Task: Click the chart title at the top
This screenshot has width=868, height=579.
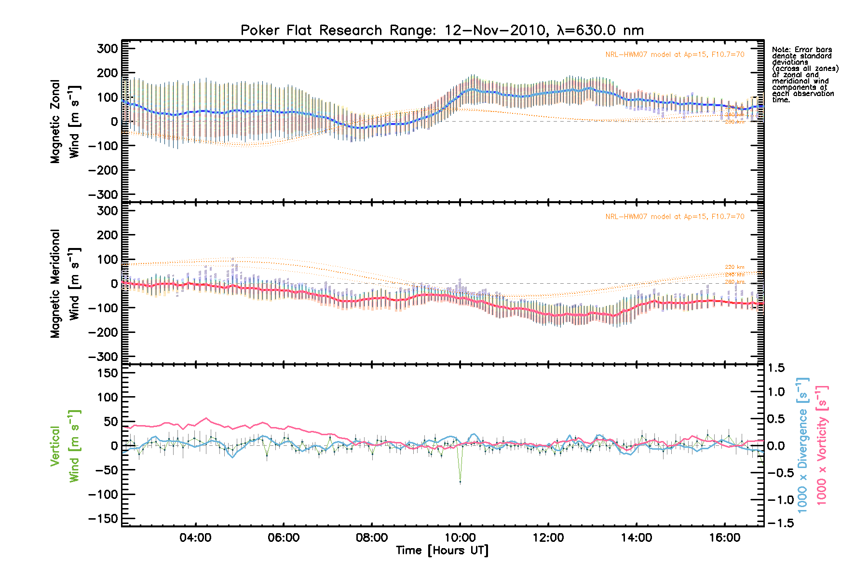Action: [442, 30]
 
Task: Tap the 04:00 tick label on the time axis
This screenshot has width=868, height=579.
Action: [195, 538]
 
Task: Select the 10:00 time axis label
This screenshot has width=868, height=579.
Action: [460, 538]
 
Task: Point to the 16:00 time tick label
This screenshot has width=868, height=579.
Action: [724, 538]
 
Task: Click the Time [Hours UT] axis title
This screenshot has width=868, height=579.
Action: [442, 551]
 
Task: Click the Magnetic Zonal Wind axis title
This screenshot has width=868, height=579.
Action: [65, 121]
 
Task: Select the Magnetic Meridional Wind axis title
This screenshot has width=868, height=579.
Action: [65, 283]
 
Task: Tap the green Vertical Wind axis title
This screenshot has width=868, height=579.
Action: [65, 446]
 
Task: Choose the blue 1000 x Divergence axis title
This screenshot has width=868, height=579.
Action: [802, 445]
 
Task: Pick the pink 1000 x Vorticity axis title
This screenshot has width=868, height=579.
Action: [822, 445]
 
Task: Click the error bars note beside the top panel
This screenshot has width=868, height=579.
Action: [804, 75]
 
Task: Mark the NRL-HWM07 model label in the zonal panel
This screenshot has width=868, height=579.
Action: [675, 55]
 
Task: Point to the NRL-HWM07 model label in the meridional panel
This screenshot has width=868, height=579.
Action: [675, 217]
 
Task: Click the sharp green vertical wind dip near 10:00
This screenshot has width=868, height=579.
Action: [460, 482]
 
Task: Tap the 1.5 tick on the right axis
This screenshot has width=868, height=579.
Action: [776, 368]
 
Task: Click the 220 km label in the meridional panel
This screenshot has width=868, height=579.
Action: [734, 267]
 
